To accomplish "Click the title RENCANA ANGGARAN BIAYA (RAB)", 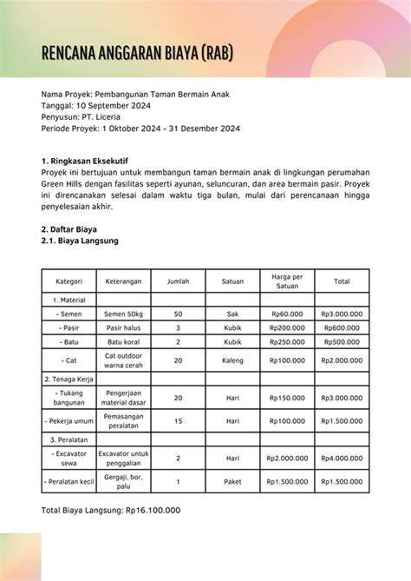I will point(137,57).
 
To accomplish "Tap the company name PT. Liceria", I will point(103,116).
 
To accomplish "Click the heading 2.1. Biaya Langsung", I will point(80,241).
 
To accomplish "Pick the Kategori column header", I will point(68,281).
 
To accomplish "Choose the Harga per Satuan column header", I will point(286,281).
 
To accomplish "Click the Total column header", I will point(342,281).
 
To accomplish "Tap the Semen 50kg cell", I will point(123,313).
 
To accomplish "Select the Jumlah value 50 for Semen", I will point(178,313).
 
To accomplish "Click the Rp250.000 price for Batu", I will point(286,342).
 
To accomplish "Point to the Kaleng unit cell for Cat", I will point(232,360).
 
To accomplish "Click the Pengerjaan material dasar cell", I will point(123,398).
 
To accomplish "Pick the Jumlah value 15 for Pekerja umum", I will point(178,421).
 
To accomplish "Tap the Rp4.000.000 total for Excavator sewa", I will point(342,458).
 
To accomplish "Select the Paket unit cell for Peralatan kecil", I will point(232,481).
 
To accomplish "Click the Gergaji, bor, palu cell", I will point(123,481).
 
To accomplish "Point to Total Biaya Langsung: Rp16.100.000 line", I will point(111,510).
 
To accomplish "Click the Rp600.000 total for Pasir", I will point(342,327).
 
